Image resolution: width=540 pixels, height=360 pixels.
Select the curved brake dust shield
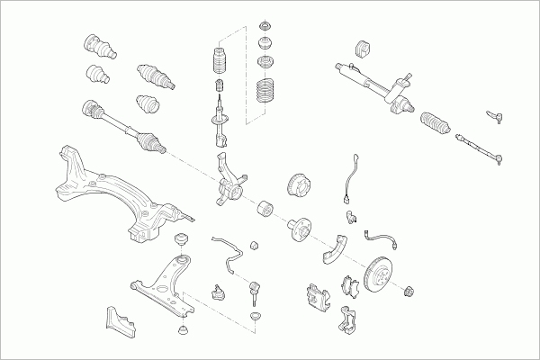[x=337, y=247]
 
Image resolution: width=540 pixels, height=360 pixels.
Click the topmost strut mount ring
[x=267, y=24]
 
